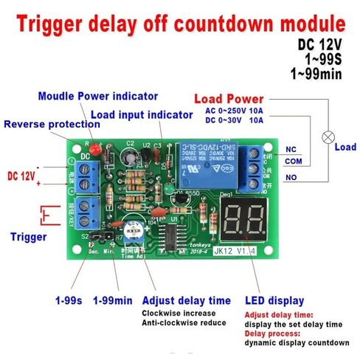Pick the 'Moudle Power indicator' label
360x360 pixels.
pyautogui.click(x=97, y=96)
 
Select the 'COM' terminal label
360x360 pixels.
pyautogui.click(x=293, y=164)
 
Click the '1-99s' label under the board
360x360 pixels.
pyautogui.click(x=70, y=301)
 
